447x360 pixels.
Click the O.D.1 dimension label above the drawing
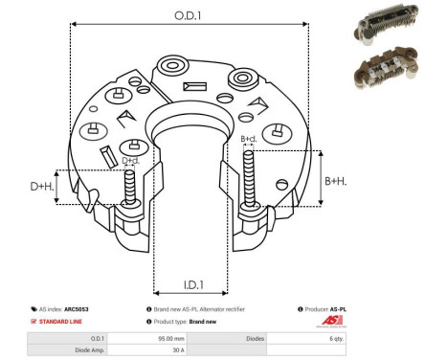(189, 16)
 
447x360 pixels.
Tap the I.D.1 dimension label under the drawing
(191, 284)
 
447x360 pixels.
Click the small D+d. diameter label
(130, 160)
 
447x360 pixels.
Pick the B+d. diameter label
(249, 140)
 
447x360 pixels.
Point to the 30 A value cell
(178, 350)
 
